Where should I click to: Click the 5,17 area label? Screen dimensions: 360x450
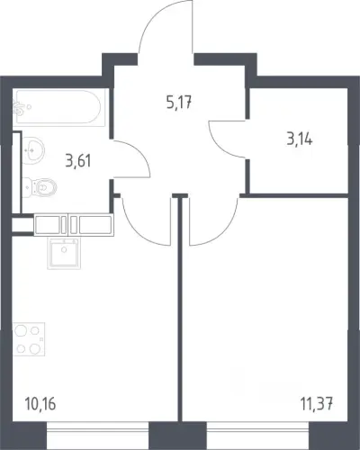[178, 103]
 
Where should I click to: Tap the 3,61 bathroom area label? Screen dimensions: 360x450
[78, 161]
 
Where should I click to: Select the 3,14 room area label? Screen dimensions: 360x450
[300, 139]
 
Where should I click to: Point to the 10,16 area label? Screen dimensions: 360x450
[40, 404]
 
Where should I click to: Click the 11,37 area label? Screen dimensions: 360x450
[317, 404]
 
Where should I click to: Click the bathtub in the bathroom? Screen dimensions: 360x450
[58, 107]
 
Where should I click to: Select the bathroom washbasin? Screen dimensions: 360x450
[33, 149]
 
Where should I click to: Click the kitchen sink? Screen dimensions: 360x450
[64, 254]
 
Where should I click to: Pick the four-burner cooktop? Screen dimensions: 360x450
[29, 339]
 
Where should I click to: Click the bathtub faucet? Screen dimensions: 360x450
[20, 108]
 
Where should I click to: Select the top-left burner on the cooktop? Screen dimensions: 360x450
[22, 331]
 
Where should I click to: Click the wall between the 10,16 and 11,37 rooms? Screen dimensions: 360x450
[180, 309]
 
